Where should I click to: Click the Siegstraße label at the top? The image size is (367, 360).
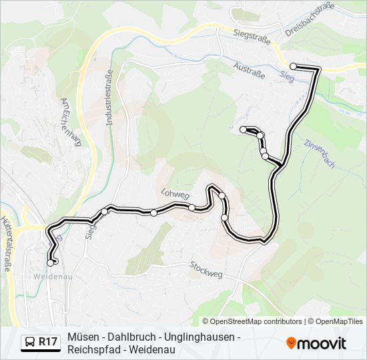tap(253, 36)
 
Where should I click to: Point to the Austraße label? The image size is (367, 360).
tap(251, 71)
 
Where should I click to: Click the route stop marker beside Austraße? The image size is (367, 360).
tap(293, 66)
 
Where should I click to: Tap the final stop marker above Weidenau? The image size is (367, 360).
tap(50, 263)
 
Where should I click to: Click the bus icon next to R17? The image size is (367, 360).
tap(30, 343)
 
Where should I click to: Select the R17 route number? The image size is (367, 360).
tap(47, 343)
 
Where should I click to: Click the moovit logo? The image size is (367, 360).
tap(316, 343)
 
